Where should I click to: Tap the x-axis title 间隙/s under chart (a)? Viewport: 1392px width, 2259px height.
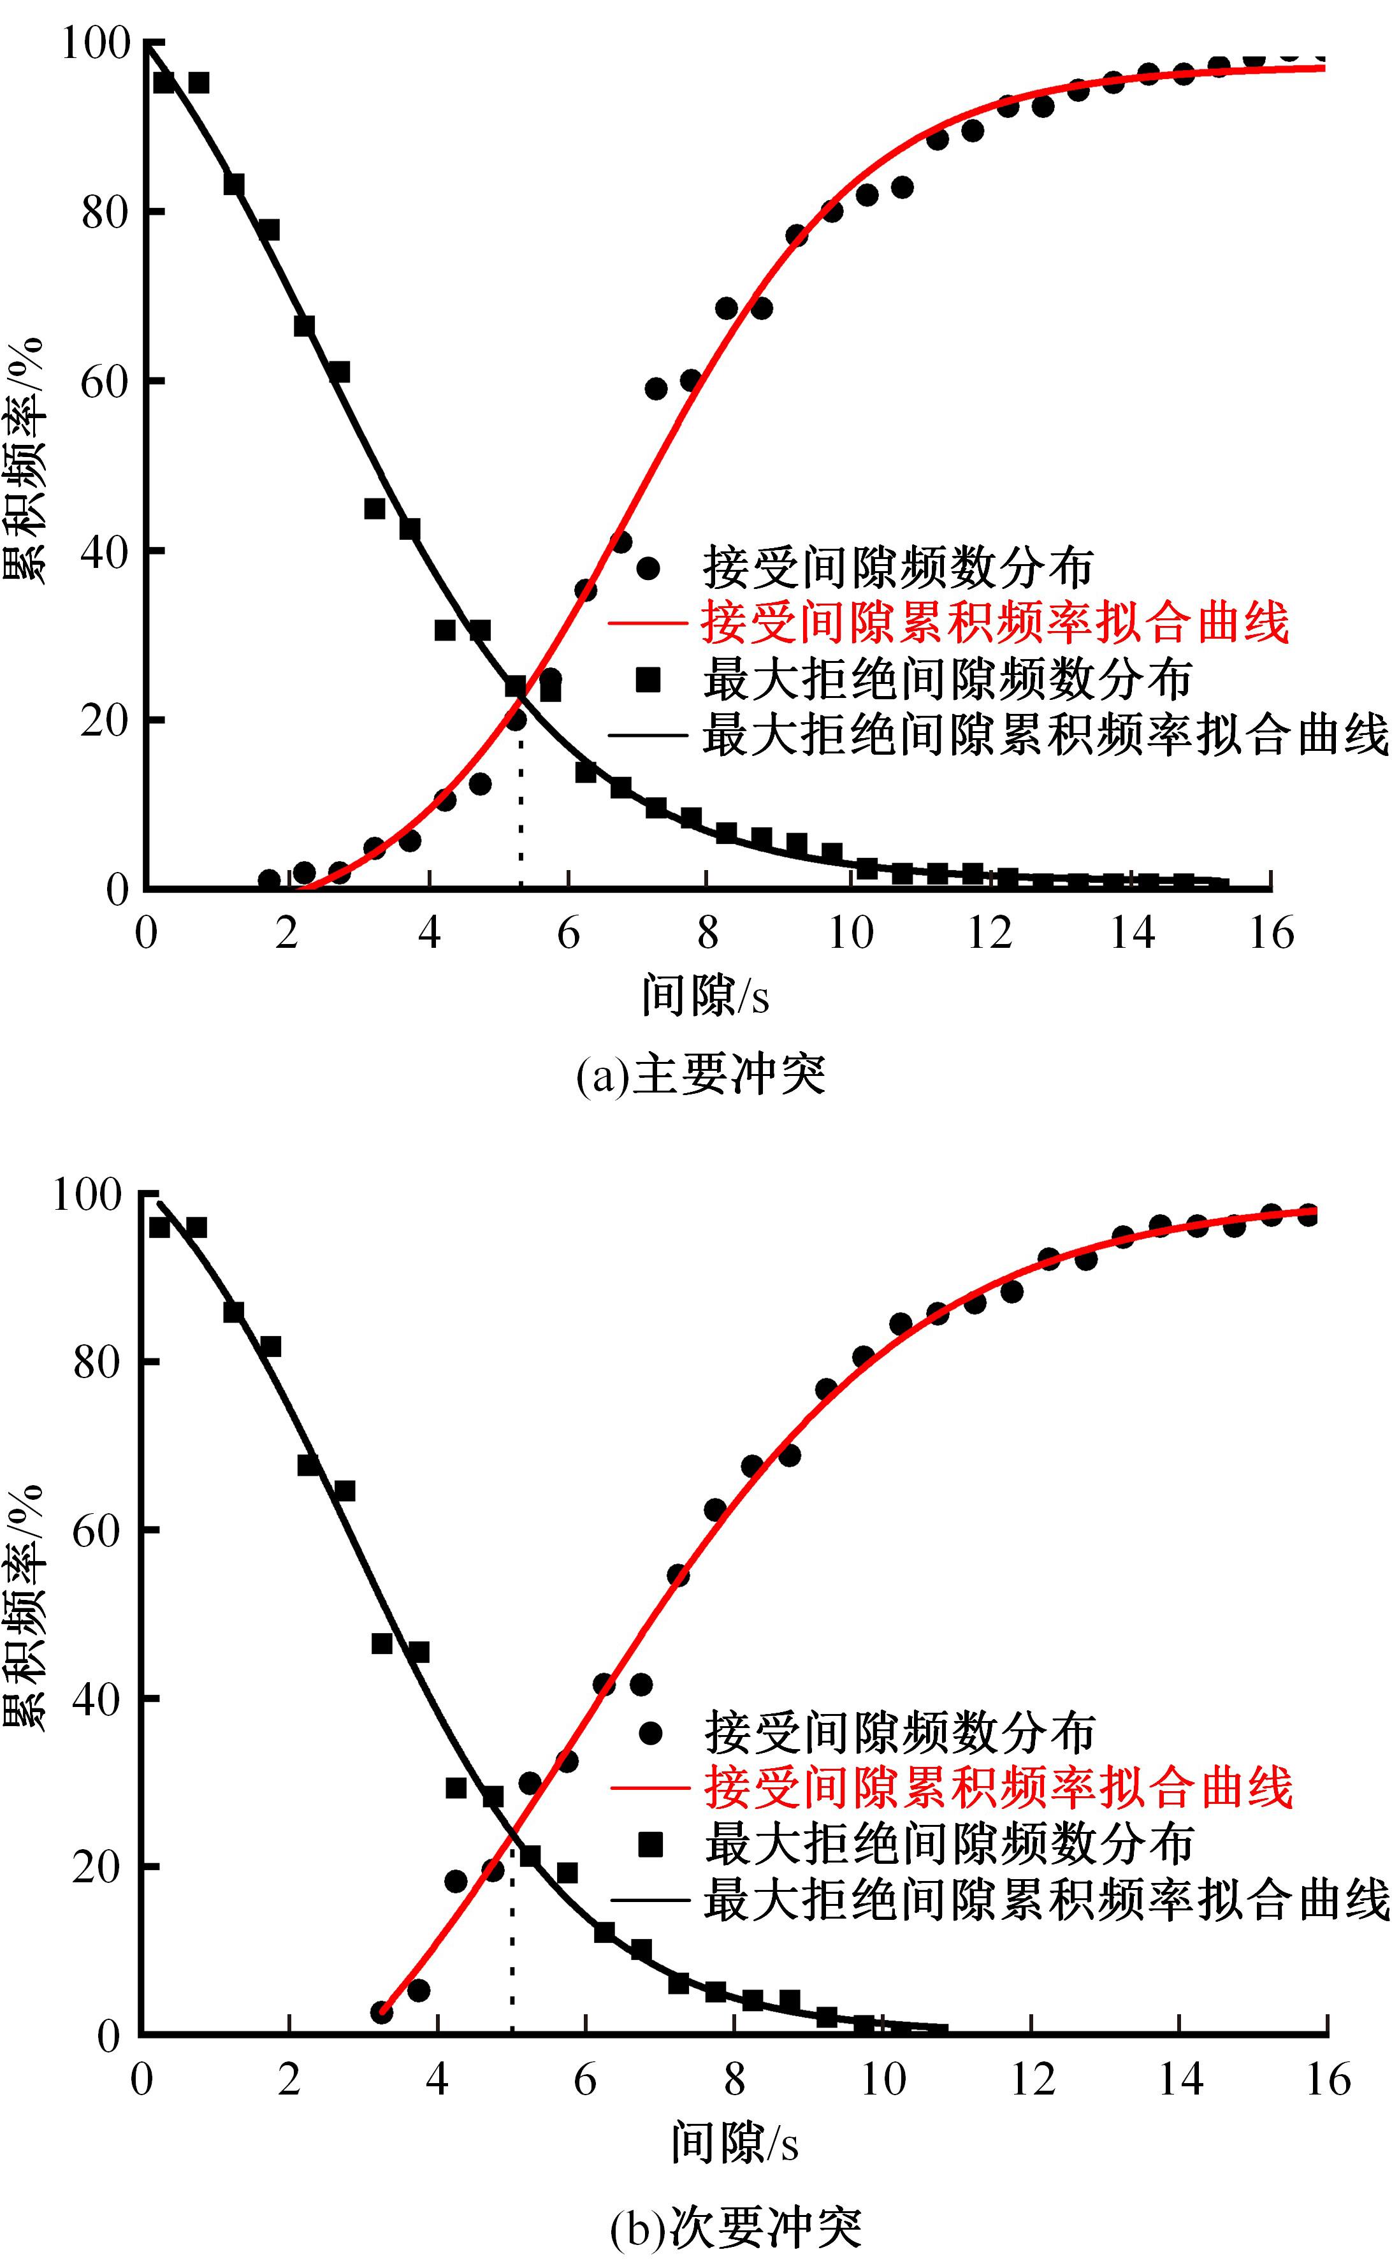(705, 996)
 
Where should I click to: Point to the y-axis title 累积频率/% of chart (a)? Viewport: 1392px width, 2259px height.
(25, 460)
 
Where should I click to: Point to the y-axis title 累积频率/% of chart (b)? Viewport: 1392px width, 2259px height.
(25, 1606)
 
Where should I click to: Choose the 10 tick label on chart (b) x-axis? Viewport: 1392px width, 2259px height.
(882, 2079)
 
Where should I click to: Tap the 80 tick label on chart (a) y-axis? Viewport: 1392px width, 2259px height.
(104, 212)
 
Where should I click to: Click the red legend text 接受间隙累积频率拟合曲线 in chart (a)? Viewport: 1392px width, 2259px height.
(994, 623)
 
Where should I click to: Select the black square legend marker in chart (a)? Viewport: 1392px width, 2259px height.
(648, 680)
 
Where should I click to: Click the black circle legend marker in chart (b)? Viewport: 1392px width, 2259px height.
(651, 1732)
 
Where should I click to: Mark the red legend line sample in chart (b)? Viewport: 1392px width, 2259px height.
(650, 1789)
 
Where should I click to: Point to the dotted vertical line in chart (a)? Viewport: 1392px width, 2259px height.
(521, 810)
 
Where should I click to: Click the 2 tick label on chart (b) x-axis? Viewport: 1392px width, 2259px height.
(289, 2079)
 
